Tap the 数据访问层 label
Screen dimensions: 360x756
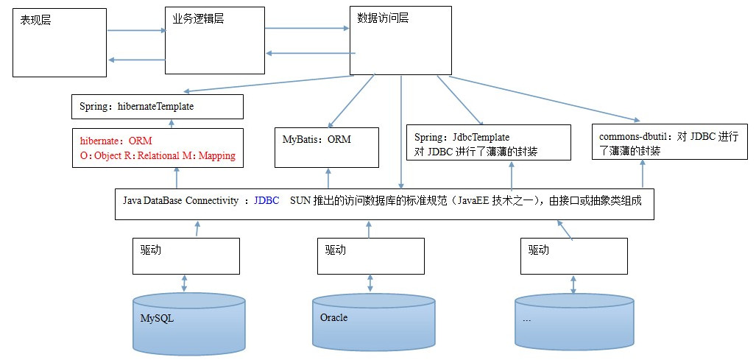(x=382, y=18)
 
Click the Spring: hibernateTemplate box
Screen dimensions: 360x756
(x=157, y=107)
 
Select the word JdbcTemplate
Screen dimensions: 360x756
(x=483, y=137)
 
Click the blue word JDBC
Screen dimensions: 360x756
(x=266, y=200)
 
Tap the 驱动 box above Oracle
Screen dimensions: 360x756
(x=370, y=255)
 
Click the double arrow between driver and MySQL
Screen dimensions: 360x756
(x=184, y=283)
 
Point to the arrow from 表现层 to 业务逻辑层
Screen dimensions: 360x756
(x=136, y=31)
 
